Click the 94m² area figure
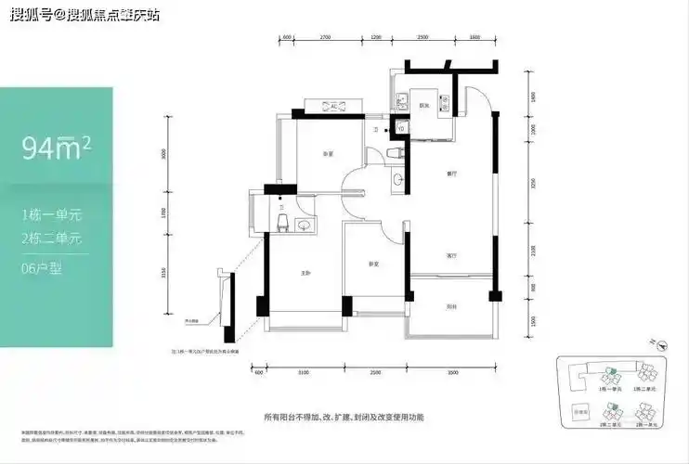[55, 148]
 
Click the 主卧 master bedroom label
[304, 272]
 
